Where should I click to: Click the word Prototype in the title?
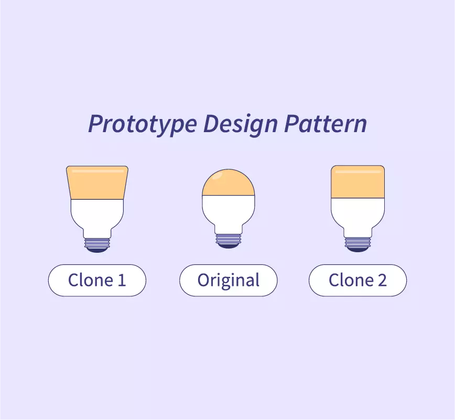point(143,124)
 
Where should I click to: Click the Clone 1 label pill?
point(97,281)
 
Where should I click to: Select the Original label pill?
point(228,281)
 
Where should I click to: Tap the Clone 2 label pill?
point(357,281)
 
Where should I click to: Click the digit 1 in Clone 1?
point(122,281)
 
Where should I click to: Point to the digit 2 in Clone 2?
point(382,281)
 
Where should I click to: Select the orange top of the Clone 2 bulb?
point(357,185)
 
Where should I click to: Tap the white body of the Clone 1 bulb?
point(97,215)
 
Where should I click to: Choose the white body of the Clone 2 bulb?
point(357,215)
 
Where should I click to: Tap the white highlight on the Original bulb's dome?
point(220,175)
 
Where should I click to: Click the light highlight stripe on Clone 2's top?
point(357,171)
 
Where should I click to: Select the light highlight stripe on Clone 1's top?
point(97,171)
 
